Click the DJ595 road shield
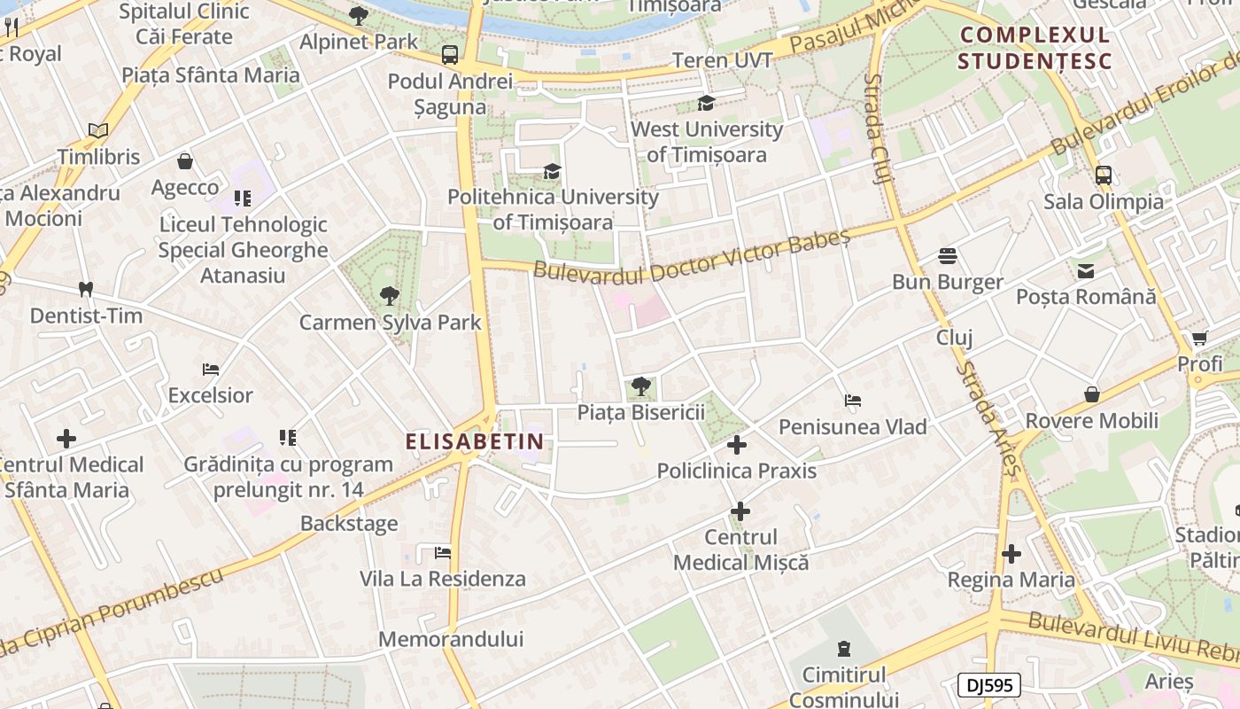[x=988, y=685]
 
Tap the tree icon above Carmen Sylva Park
[x=389, y=296]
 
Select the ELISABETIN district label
[x=475, y=441]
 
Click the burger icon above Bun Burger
[x=948, y=257]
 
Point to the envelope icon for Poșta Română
[x=1086, y=271]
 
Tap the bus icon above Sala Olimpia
[x=1104, y=175]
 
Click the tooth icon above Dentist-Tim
[x=86, y=289]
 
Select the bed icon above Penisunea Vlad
[x=853, y=401]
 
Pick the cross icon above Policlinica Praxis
[x=737, y=445]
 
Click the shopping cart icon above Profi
[x=1199, y=338]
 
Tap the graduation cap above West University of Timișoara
[x=706, y=104]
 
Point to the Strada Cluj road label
[x=876, y=129]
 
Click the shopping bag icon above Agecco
[x=185, y=161]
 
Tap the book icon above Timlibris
[x=98, y=131]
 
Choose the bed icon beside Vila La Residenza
[x=443, y=553]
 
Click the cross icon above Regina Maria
[x=1011, y=555]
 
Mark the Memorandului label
[x=451, y=639]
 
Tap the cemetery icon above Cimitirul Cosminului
[x=843, y=649]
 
